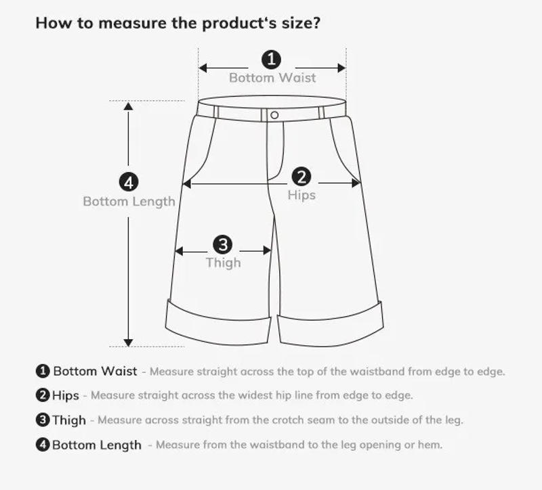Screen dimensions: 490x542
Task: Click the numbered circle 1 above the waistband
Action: pos(272,59)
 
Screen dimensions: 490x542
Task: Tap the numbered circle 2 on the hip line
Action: pos(301,177)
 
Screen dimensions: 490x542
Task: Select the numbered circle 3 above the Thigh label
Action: pos(223,244)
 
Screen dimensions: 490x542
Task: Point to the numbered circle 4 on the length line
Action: pos(129,182)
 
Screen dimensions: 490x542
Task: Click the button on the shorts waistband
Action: pos(274,115)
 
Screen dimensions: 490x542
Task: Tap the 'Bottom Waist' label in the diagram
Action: pos(272,78)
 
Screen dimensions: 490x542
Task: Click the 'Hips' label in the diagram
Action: pos(301,195)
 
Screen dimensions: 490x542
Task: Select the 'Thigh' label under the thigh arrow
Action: pos(223,263)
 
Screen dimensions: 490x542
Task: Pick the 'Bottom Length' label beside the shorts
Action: pos(129,201)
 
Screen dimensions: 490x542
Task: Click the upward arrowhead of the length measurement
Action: pos(129,106)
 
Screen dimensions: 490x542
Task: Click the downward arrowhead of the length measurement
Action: pos(129,342)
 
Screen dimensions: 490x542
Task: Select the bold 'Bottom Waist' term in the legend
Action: pos(95,372)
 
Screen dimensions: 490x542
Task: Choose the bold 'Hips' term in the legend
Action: pos(65,395)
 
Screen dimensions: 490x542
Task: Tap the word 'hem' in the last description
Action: pos(432,445)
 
